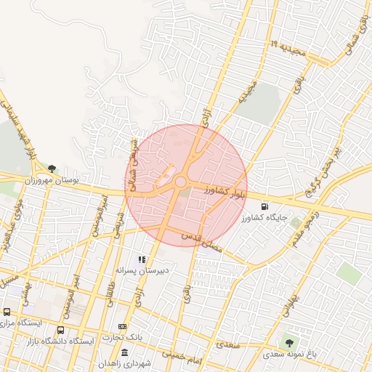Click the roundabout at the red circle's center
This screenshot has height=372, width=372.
[180, 182]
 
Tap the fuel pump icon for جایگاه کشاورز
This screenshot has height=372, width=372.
[262, 206]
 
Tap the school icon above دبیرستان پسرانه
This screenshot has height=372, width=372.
[142, 259]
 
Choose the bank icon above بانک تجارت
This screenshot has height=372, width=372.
[122, 326]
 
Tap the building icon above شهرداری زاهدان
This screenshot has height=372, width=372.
[124, 352]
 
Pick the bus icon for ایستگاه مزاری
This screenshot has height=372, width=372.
[7, 312]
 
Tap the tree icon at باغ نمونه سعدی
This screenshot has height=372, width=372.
[291, 341]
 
